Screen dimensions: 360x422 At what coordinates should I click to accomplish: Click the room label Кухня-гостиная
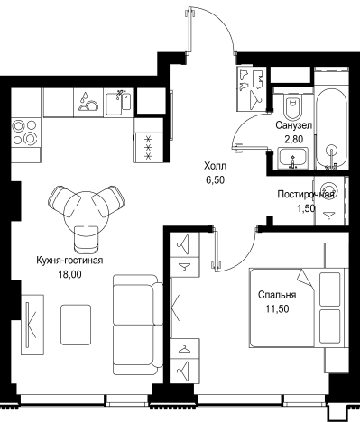coord(69,261)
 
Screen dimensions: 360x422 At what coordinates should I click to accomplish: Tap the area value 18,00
coord(69,274)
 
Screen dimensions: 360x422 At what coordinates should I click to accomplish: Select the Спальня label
coord(277,295)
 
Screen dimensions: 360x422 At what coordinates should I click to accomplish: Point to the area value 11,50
coord(277,308)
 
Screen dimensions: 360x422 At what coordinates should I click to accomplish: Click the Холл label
coord(215,166)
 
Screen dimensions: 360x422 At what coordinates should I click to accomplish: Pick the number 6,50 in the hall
coord(215,180)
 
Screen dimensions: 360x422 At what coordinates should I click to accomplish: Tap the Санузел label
coord(293,125)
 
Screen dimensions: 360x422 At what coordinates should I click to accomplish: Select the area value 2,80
coord(293,139)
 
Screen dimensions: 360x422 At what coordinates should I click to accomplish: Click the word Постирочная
coord(306,195)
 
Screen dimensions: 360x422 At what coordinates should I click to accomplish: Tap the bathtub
coord(331,127)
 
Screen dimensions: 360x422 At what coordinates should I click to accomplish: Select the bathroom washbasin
coord(292,158)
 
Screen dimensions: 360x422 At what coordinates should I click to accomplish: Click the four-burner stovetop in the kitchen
coord(25,132)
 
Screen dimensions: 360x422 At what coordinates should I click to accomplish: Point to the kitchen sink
coord(118,102)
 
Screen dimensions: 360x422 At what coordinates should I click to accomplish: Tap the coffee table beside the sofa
coord(76,325)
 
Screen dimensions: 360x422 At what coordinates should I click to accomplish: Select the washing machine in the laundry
coord(329,191)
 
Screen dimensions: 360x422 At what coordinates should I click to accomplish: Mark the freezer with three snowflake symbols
coord(148,147)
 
